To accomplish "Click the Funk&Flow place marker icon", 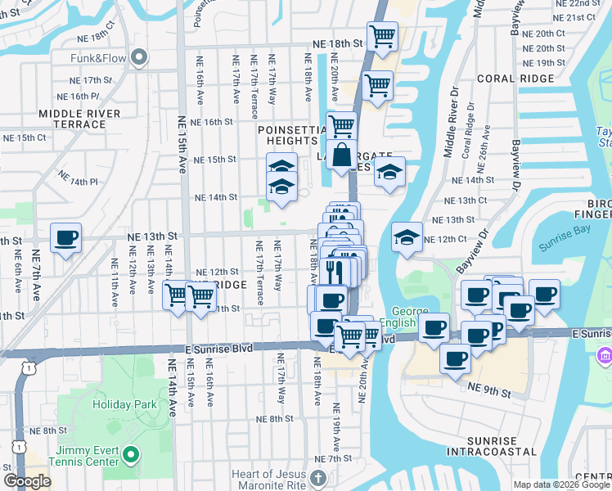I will click(x=138, y=56).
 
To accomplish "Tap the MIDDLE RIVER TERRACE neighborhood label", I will click(x=85, y=119).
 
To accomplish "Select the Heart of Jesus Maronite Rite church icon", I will click(x=319, y=475).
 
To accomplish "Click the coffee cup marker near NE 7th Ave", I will click(x=65, y=238).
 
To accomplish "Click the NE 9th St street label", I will click(x=489, y=394).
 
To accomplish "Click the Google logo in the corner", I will click(x=27, y=481).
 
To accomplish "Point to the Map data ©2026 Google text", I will click(x=561, y=484).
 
